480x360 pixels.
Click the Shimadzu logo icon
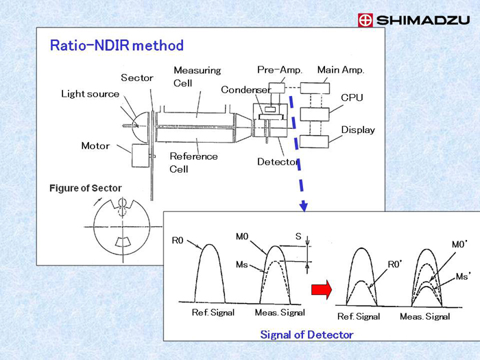click(365, 21)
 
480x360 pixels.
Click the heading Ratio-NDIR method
click(117, 46)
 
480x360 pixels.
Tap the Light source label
click(90, 94)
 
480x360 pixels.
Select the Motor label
click(95, 146)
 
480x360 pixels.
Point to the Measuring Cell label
click(197, 76)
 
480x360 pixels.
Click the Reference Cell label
click(193, 162)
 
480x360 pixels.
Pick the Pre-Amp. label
click(279, 70)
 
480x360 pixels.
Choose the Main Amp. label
click(340, 70)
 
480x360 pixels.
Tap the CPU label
click(352, 97)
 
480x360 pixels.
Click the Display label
click(358, 130)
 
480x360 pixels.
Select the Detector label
click(278, 162)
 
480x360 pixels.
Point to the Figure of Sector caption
click(85, 189)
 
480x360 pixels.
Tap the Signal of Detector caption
click(307, 335)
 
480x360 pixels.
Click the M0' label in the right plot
click(459, 244)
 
